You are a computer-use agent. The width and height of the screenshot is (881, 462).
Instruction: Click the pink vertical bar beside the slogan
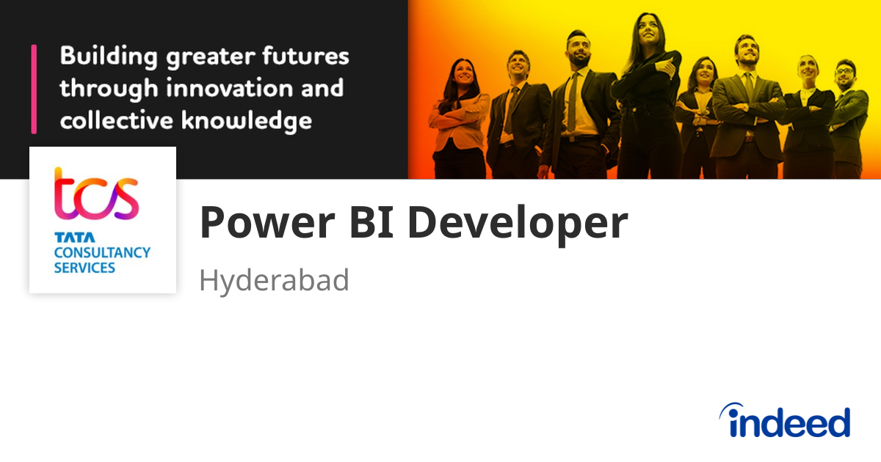point(34,89)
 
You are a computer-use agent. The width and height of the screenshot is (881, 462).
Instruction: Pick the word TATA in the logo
point(70,238)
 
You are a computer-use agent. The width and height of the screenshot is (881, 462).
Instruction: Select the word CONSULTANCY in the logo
point(102,252)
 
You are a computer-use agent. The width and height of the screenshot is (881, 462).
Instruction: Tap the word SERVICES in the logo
point(84,268)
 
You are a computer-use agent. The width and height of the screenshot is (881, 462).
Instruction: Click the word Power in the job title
point(254,223)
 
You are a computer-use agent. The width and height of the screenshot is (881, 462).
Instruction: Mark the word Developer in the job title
point(518,223)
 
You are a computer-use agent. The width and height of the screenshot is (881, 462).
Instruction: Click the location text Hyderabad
point(274,281)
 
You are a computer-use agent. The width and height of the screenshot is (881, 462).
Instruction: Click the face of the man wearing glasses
point(844,76)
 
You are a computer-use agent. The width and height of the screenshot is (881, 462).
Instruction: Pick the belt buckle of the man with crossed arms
point(747,136)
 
